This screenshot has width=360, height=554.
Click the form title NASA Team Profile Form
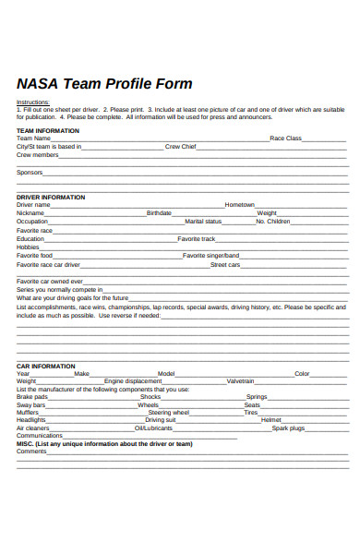click(104, 84)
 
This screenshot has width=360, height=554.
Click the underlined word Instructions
click(33, 102)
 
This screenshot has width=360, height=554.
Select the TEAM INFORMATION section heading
click(48, 131)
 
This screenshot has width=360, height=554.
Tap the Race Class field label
click(285, 138)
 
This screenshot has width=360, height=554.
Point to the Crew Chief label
click(180, 147)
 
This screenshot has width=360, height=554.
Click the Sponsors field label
click(30, 172)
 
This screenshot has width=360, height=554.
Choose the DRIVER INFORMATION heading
click(51, 197)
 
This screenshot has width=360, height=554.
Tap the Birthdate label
click(159, 213)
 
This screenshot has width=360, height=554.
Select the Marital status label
click(203, 222)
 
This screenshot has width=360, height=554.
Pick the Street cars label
click(225, 265)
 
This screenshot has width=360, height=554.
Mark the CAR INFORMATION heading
click(46, 366)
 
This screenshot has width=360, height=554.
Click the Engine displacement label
click(133, 381)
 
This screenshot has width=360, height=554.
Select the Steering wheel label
click(169, 413)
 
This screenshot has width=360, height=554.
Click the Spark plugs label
click(287, 428)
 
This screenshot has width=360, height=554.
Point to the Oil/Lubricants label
click(153, 428)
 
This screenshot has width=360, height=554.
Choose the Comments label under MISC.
click(31, 452)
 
